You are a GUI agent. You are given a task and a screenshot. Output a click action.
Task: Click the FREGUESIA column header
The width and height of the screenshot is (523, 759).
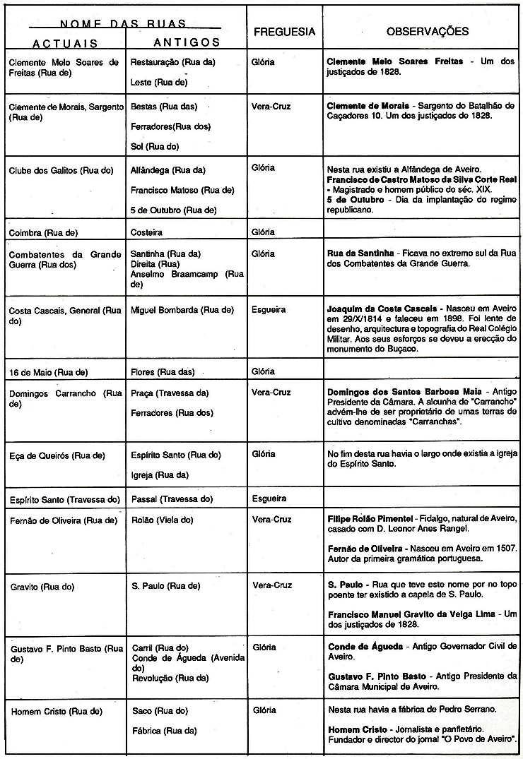(284, 32)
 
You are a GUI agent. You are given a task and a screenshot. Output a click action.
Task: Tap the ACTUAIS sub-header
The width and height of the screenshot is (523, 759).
(65, 43)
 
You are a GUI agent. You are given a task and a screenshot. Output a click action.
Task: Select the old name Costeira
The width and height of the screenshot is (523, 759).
(146, 232)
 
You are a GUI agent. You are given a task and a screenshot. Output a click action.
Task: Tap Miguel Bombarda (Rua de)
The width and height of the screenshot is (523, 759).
(182, 309)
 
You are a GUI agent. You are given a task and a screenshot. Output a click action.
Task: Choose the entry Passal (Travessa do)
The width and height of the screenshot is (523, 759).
(172, 498)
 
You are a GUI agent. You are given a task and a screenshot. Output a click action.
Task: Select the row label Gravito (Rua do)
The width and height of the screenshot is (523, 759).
(42, 586)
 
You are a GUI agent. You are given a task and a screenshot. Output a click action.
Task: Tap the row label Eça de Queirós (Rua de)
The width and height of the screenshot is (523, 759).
(56, 455)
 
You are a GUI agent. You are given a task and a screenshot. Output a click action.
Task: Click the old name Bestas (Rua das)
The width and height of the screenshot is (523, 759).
(163, 107)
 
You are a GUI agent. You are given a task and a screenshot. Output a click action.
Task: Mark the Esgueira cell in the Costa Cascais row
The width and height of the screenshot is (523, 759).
(270, 309)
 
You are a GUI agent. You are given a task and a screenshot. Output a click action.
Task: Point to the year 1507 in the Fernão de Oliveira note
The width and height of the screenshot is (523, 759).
(505, 549)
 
